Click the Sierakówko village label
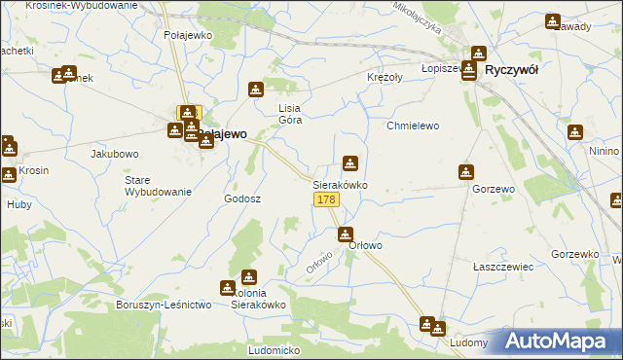(339, 184)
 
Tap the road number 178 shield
(326, 199)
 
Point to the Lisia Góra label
(291, 115)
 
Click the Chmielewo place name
(414, 126)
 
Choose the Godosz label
(242, 198)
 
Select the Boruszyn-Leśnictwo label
(164, 305)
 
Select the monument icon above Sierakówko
(350, 164)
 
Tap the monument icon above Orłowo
(346, 234)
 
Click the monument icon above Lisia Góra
(256, 90)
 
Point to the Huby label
(19, 204)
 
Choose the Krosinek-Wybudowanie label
(69, 6)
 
